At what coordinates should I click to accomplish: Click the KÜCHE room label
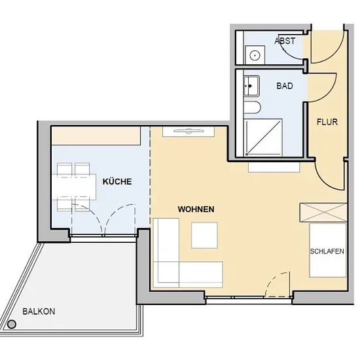coord(117,181)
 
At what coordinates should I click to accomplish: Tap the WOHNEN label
coord(196,209)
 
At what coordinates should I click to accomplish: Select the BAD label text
coord(285,86)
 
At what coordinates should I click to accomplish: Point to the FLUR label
coord(327,122)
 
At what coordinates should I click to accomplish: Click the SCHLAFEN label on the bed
coord(327,251)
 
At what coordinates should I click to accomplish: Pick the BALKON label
coord(39,312)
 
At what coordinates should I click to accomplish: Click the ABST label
coord(285,41)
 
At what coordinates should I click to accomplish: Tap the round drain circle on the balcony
coord(12,325)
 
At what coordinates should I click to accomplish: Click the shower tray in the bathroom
coord(263,137)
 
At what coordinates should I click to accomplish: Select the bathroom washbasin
coord(251,86)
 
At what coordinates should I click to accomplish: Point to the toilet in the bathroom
coord(252,107)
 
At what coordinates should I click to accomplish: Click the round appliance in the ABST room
coord(255,55)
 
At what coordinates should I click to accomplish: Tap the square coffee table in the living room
coord(204,236)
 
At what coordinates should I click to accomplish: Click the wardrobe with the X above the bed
coord(323,213)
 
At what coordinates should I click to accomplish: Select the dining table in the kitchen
coord(74,187)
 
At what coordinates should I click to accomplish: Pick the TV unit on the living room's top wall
coord(189,132)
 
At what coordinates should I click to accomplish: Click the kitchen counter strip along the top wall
coord(96,135)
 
